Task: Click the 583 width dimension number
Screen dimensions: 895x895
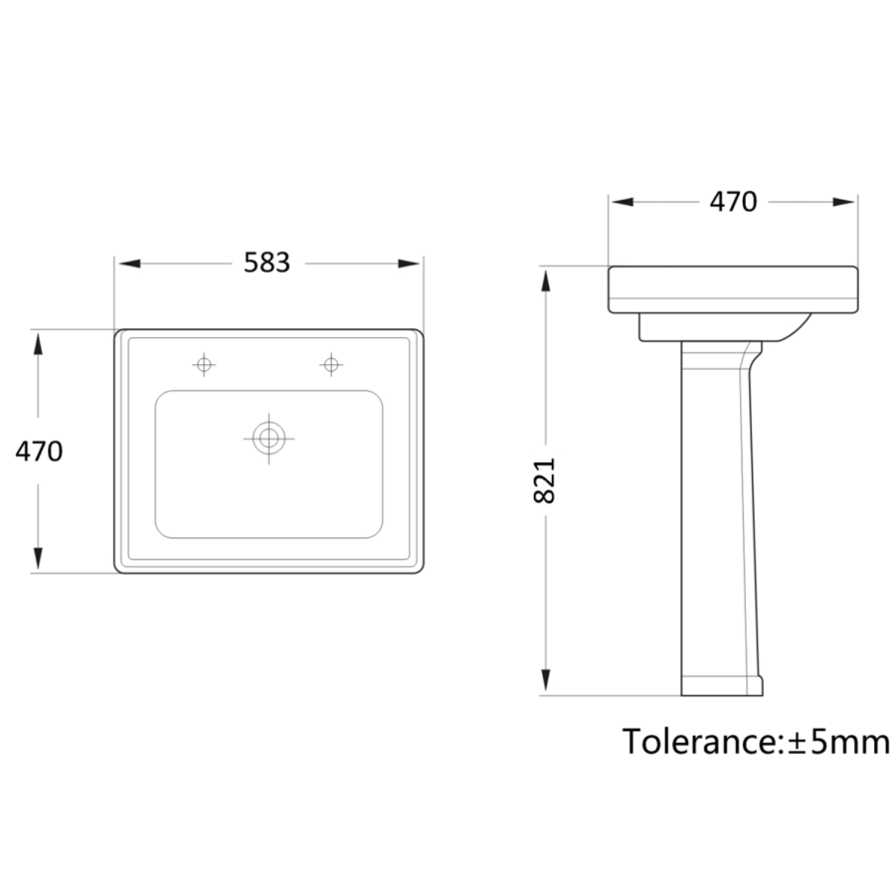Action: (x=267, y=263)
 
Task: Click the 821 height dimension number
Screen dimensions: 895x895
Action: (x=544, y=480)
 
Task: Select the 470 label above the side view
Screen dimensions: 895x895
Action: (x=733, y=202)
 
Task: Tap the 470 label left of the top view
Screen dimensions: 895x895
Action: (x=39, y=451)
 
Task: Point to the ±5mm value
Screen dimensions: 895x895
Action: (x=838, y=742)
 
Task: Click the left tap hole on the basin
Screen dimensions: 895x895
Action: (x=204, y=364)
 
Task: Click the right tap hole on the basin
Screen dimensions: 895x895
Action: (x=331, y=364)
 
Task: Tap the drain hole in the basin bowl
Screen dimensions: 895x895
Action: (x=268, y=439)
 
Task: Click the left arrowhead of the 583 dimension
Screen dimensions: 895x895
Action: (x=129, y=264)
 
